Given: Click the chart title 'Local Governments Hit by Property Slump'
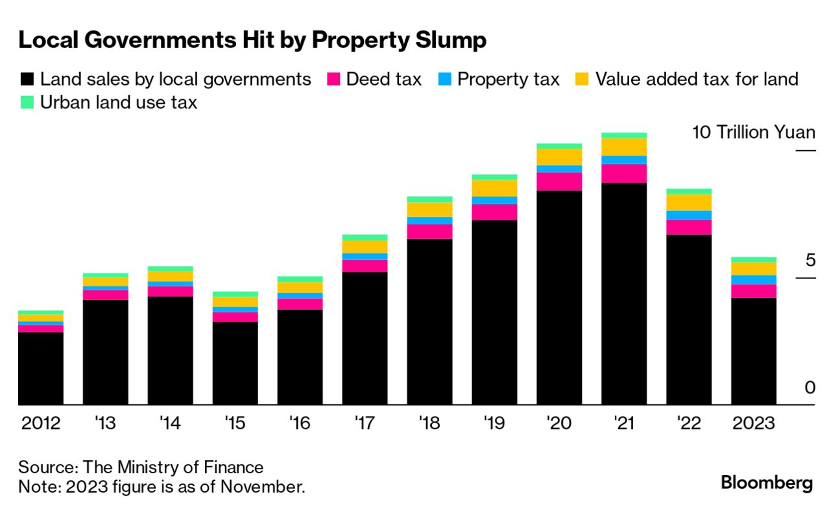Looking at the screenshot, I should click(x=252, y=40).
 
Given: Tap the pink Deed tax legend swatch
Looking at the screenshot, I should click(x=334, y=80).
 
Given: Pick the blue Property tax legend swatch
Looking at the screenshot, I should click(x=445, y=80).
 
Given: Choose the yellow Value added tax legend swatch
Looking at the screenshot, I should click(x=582, y=80).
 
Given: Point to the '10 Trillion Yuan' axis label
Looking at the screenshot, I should click(x=753, y=132).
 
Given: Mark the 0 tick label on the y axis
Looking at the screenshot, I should click(x=809, y=388).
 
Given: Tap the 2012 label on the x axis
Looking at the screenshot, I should click(x=41, y=424).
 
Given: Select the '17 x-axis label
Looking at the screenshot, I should click(x=365, y=424).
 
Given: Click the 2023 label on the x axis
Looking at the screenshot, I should click(x=753, y=424).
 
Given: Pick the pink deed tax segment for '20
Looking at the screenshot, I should click(x=559, y=181).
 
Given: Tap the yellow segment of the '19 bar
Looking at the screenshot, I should click(x=494, y=188).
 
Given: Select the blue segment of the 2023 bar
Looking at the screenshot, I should click(x=754, y=280).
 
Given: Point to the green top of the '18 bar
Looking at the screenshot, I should click(x=429, y=199).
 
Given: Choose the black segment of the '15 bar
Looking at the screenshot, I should click(x=235, y=363).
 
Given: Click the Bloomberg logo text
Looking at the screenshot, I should click(x=767, y=483).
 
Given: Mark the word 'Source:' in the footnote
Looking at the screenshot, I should click(x=43, y=467).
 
